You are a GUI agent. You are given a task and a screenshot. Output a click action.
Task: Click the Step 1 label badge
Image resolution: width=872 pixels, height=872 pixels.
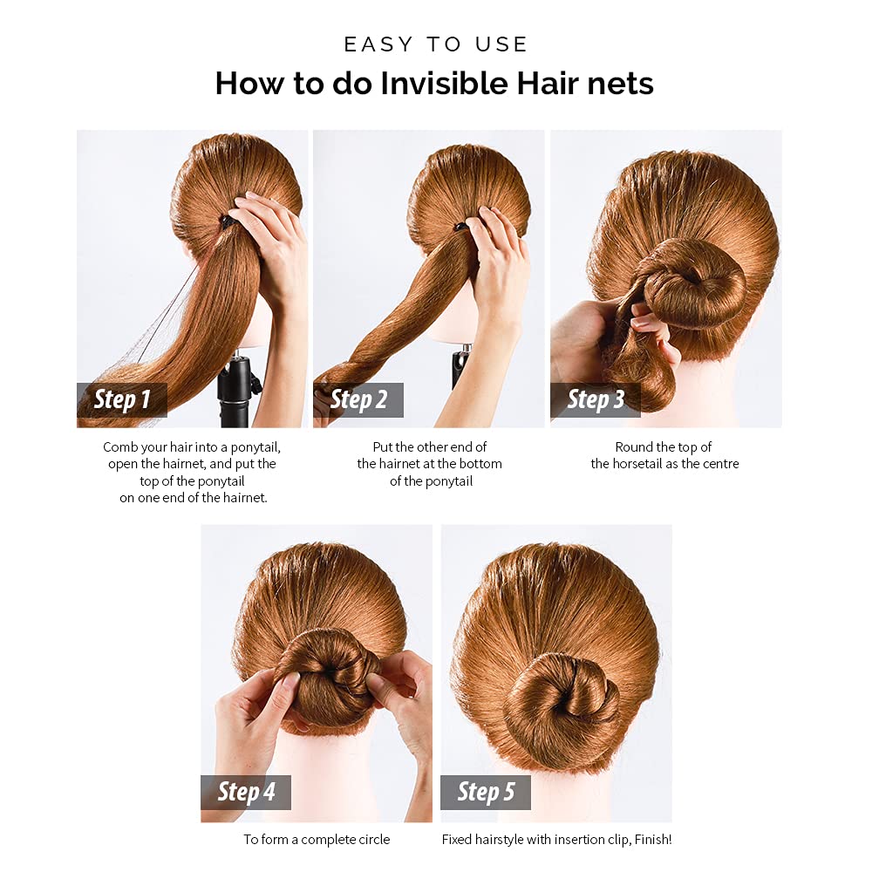(x=122, y=400)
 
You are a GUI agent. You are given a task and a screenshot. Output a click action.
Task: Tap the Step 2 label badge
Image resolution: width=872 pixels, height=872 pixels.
(x=358, y=400)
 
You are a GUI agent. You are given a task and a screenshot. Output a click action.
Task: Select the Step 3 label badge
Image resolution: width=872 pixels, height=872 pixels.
(x=596, y=400)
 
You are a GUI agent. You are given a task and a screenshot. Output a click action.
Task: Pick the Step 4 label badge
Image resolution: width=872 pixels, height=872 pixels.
(x=246, y=792)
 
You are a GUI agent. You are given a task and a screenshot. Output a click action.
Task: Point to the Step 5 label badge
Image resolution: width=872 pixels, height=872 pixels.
(x=486, y=792)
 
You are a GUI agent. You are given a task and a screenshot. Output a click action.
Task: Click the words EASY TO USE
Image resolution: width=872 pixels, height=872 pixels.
(x=436, y=44)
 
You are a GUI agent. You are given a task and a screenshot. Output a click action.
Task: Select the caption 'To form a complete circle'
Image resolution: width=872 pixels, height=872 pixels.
(x=317, y=840)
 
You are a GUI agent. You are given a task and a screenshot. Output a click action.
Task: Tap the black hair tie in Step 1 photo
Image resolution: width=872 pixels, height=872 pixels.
(x=228, y=221)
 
